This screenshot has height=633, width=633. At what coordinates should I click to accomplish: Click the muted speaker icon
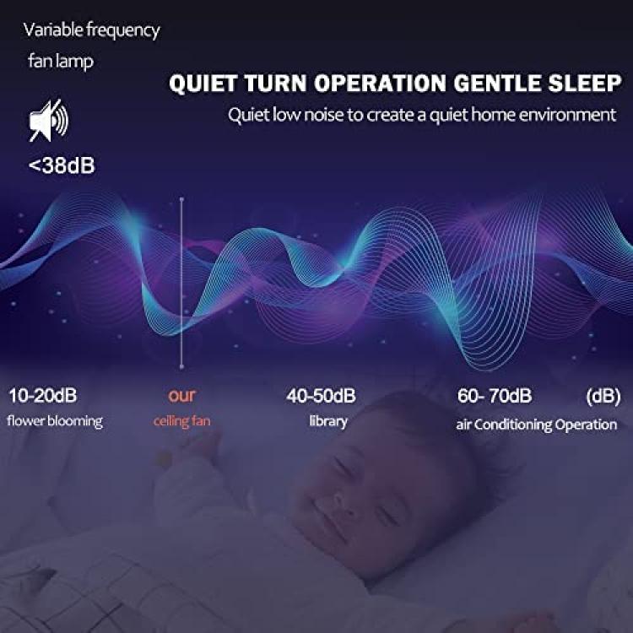click(x=49, y=121)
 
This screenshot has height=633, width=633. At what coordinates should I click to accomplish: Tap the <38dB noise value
click(x=62, y=165)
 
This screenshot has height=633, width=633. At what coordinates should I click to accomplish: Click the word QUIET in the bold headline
click(x=203, y=84)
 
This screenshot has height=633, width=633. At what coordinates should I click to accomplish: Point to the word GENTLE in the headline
click(x=497, y=84)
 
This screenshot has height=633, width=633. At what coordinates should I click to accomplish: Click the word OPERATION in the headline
click(x=380, y=84)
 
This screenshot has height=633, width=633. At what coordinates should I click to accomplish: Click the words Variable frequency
click(x=92, y=30)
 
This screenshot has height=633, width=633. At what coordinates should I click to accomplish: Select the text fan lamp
click(x=61, y=62)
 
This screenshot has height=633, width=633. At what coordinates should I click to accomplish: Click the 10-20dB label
click(x=43, y=396)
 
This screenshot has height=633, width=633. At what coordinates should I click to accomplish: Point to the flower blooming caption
click(x=55, y=421)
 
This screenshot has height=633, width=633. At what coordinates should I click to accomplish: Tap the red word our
click(x=181, y=396)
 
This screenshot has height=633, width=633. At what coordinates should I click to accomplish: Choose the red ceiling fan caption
click(x=182, y=421)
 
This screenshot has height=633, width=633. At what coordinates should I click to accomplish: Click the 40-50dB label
click(x=322, y=396)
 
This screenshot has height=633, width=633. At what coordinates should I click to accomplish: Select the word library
click(x=328, y=421)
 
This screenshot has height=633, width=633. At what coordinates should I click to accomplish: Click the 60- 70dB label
click(x=495, y=396)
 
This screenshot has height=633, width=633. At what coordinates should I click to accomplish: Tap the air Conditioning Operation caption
click(x=537, y=425)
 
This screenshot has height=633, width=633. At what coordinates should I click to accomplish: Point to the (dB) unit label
click(x=603, y=396)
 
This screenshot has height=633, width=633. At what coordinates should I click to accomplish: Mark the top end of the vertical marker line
click(x=181, y=199)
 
